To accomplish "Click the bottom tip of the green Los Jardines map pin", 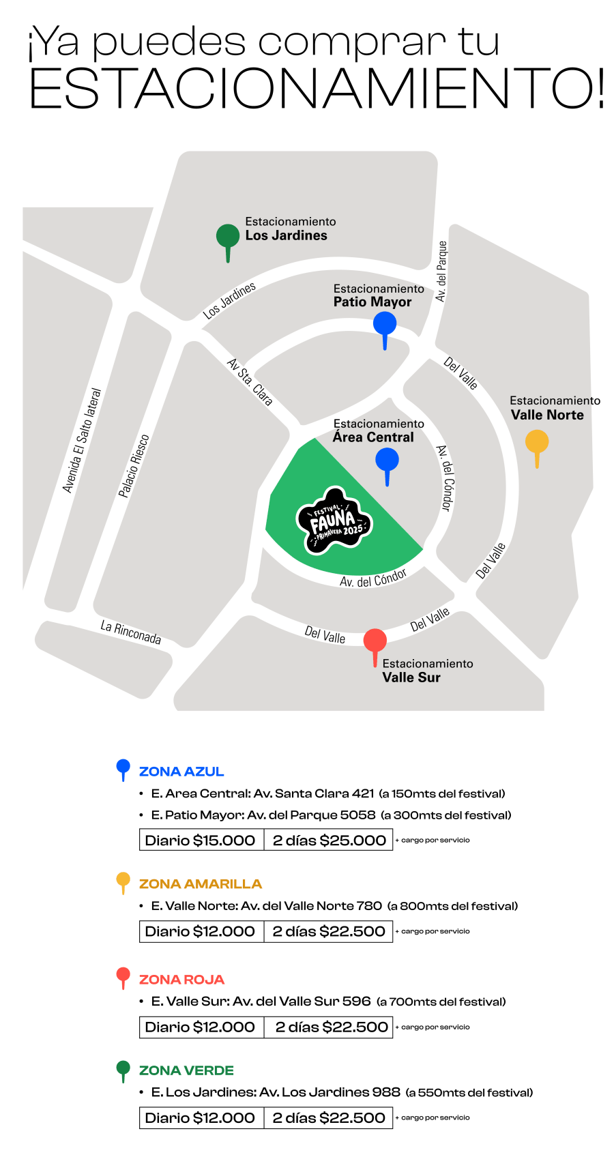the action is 228,263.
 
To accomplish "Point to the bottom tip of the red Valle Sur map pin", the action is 375,667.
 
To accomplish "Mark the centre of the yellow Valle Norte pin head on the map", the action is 537,441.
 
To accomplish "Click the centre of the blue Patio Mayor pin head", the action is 385,323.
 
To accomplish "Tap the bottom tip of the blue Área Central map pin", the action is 388,486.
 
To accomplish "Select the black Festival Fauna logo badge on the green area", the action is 334,521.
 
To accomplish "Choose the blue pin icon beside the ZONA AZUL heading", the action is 123,770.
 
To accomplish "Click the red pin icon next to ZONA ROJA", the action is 123,978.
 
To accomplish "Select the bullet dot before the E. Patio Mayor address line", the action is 141,815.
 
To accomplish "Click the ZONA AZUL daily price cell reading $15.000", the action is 201,840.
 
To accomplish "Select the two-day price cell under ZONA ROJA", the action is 329,1027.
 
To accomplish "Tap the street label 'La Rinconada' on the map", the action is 131,632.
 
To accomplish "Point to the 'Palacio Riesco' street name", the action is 134,466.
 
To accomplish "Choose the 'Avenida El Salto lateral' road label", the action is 82,440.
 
